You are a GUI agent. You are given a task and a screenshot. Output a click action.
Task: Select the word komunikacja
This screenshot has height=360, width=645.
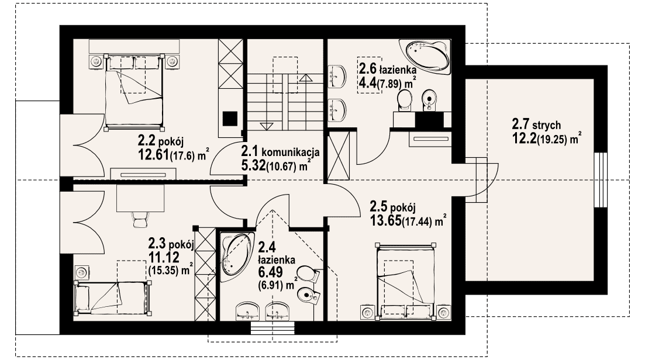(x=291, y=153)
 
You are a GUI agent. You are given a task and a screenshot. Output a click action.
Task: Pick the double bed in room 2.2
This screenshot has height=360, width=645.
(x=134, y=91)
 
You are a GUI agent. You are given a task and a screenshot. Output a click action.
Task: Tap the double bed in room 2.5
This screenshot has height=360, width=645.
(x=406, y=282)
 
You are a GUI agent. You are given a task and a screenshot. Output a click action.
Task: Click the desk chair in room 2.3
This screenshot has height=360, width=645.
(x=140, y=218)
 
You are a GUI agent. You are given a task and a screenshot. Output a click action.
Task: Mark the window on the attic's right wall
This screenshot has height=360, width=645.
(x=601, y=180)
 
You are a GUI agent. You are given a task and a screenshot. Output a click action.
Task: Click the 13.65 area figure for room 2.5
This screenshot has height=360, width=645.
(x=385, y=221)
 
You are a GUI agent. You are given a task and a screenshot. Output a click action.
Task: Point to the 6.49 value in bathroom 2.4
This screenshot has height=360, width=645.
(x=270, y=272)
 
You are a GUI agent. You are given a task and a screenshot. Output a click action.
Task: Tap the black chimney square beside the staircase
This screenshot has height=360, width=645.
(x=230, y=119)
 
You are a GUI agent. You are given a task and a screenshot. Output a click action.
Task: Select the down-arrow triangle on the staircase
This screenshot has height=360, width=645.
(x=266, y=126)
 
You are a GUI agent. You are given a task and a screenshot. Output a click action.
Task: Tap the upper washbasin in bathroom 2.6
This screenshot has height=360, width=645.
(x=337, y=75)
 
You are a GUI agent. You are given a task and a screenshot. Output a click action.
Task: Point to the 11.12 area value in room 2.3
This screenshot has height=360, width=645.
(x=164, y=257)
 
